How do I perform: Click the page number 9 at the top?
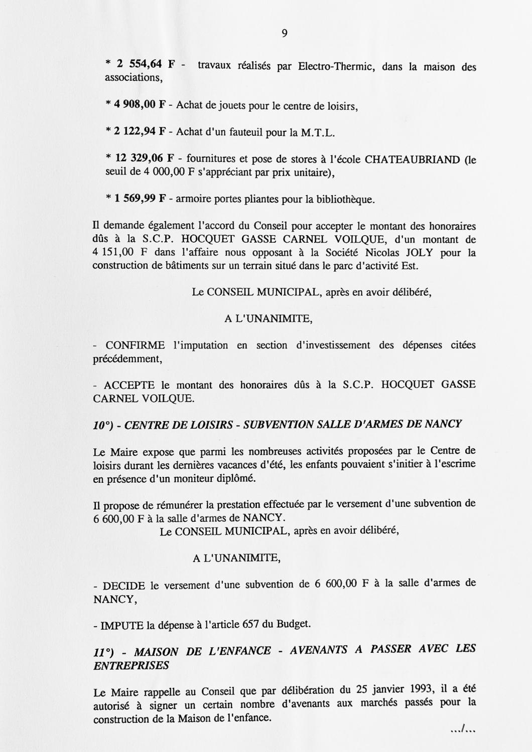coord(285,34)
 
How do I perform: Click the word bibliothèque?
coord(345,199)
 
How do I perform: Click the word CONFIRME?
coord(135,345)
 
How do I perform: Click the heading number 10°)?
coord(105,425)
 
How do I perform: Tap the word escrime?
coord(458,464)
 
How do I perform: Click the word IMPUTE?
coord(122,625)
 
